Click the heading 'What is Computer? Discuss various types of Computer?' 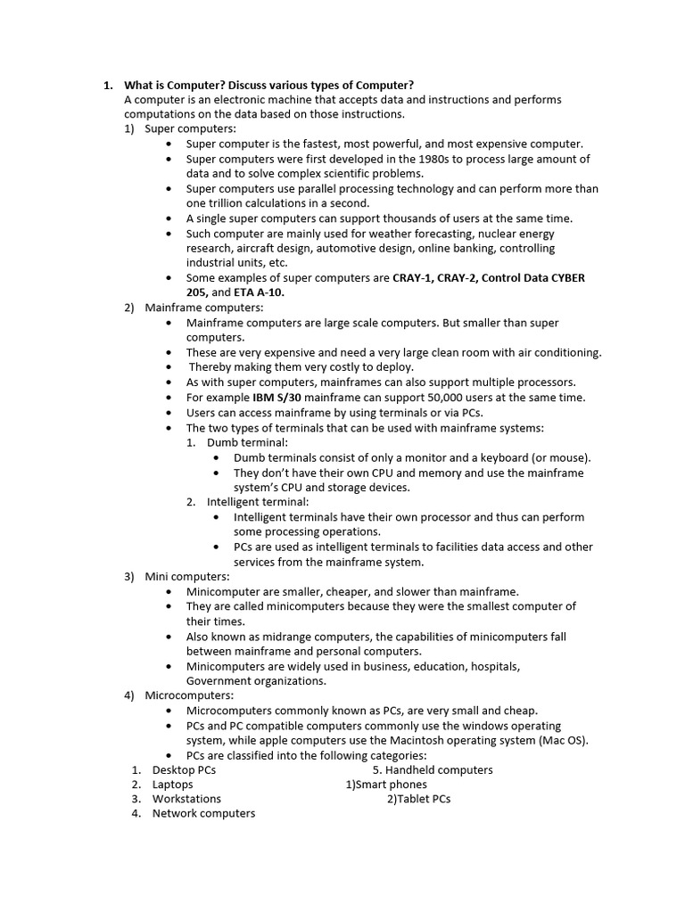coord(268,85)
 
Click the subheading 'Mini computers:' coord(187,576)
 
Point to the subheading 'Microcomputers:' coord(189,695)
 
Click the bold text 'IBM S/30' coord(280,398)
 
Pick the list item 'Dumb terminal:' coord(247,442)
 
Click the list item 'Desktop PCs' coord(184,769)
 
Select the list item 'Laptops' coord(172,785)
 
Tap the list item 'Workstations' coord(186,799)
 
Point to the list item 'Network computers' coord(203,813)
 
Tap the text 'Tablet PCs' coord(424,799)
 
